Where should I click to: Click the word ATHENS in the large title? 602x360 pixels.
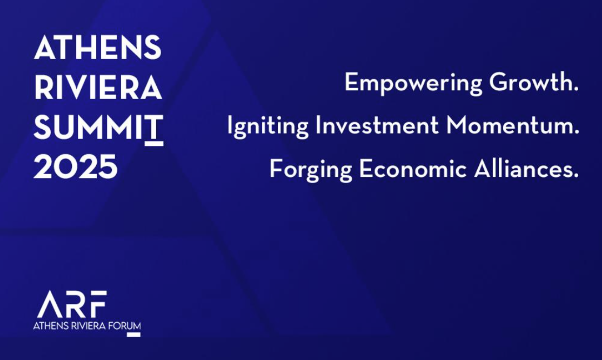point(98,48)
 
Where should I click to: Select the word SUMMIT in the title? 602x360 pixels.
point(98,128)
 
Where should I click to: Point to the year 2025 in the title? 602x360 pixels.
point(76,168)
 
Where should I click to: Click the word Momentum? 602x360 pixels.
point(513,126)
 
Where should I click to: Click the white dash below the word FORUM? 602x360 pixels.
point(133,335)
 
